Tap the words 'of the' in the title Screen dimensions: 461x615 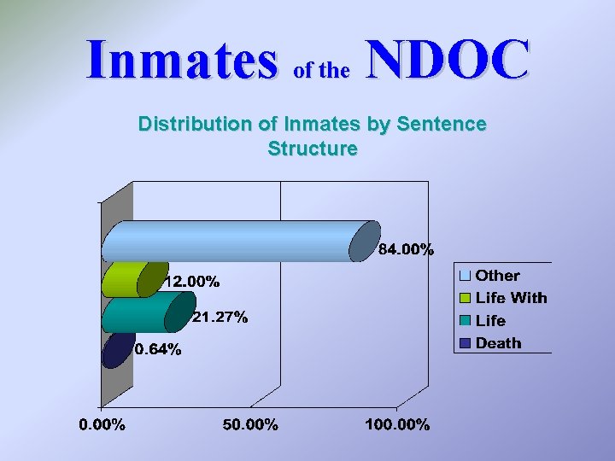pyautogui.click(x=321, y=71)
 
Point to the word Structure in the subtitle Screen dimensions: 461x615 pyautogui.click(x=312, y=149)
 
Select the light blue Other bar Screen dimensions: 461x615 pyautogui.click(x=231, y=241)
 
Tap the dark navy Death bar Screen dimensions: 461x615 pyautogui.click(x=116, y=350)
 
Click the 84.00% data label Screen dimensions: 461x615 pyautogui.click(x=407, y=250)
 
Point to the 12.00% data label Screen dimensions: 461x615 pyautogui.click(x=192, y=281)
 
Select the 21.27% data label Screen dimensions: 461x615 pyautogui.click(x=220, y=318)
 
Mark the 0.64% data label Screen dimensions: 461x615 pyautogui.click(x=158, y=350)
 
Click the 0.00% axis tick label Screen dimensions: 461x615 pyautogui.click(x=102, y=425)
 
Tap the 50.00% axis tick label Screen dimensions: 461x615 pyautogui.click(x=250, y=425)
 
